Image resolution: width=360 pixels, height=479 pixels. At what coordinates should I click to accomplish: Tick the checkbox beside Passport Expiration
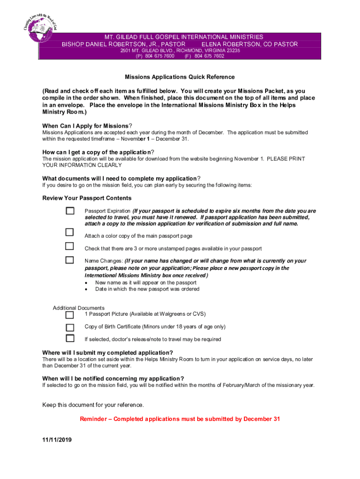tap(70, 211)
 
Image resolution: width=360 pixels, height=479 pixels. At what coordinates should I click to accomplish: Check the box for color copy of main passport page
tap(70, 232)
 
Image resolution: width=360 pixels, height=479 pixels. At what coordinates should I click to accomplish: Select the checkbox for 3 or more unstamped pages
tap(70, 246)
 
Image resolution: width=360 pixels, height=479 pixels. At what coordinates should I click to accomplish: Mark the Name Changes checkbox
tap(70, 260)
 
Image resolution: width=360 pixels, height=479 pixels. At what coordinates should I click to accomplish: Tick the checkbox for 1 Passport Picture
tap(70, 315)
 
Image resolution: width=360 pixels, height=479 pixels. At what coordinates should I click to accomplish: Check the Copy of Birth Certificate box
tap(70, 327)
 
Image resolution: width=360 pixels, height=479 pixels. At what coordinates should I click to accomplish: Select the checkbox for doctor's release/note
tap(70, 338)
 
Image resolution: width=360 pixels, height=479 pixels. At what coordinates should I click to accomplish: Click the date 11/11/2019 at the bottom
tap(57, 440)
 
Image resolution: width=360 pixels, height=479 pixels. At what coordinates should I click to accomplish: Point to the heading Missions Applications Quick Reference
tap(180, 77)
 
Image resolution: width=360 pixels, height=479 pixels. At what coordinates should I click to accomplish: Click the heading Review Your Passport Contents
tap(87, 198)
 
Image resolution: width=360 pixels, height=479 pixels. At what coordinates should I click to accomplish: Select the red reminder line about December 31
tap(180, 419)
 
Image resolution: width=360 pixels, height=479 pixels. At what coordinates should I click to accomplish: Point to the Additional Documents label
tap(79, 308)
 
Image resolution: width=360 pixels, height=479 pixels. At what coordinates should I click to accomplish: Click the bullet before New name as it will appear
tap(86, 283)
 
